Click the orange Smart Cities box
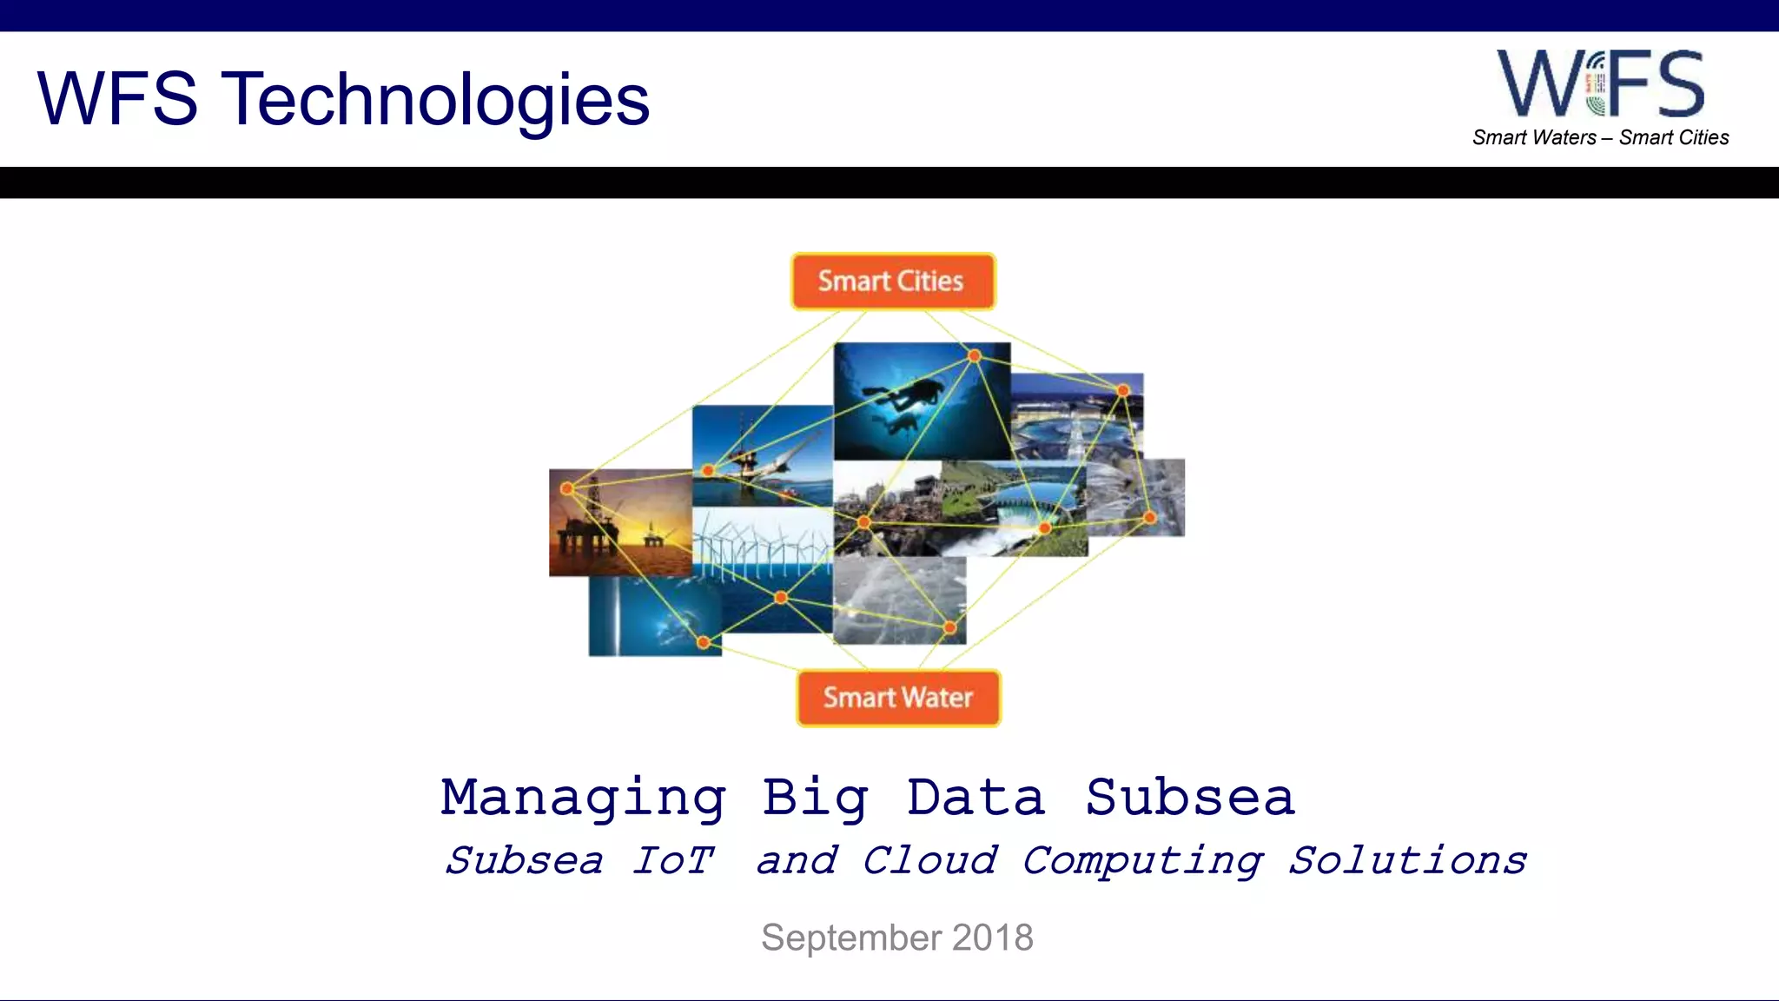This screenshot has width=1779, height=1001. (892, 281)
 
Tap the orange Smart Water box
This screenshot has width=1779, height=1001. (898, 697)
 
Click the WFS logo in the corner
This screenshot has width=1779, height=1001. (1600, 83)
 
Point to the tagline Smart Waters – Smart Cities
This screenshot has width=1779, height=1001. (1600, 137)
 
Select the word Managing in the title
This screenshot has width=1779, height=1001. (583, 798)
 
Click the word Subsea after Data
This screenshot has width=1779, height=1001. (1190, 798)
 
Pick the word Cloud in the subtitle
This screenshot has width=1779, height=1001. (929, 860)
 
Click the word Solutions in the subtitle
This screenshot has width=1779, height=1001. (1407, 860)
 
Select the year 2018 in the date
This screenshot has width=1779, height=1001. (993, 938)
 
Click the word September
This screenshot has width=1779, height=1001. (851, 938)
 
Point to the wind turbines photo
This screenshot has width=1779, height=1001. (761, 543)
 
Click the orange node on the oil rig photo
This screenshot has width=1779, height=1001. (567, 488)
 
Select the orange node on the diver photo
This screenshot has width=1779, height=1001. (975, 355)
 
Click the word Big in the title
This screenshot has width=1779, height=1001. (815, 798)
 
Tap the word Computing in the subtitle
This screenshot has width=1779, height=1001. (1142, 860)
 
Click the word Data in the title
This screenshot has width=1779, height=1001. (975, 798)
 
